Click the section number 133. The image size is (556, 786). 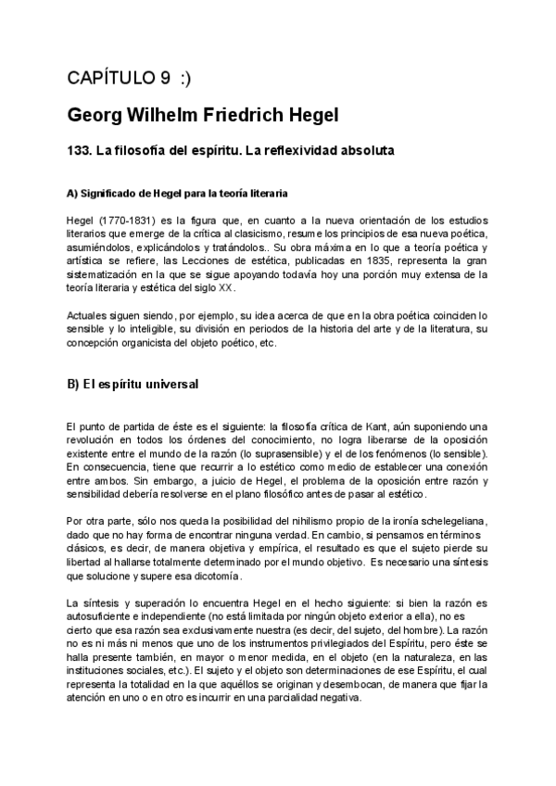(x=80, y=149)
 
